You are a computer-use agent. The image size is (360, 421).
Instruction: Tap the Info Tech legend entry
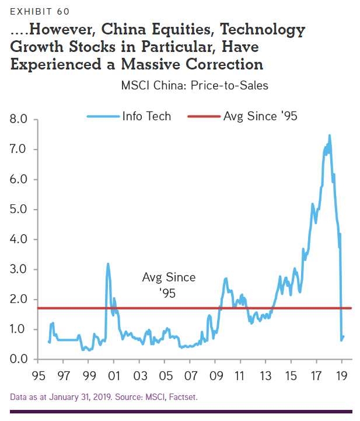click(146, 116)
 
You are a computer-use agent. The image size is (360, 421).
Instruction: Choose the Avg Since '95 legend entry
click(260, 116)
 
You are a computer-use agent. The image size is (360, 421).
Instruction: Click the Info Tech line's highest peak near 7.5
click(330, 135)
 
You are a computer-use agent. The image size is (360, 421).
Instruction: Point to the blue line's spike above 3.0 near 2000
click(108, 264)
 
